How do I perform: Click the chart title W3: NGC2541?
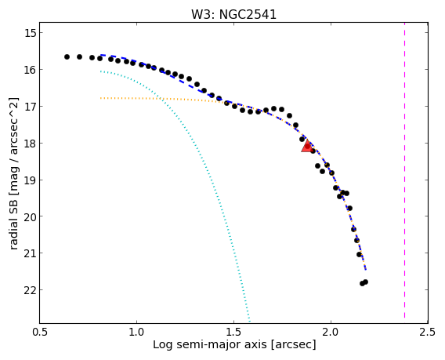[x=233, y=14]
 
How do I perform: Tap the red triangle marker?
[x=307, y=146]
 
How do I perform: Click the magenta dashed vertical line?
[x=404, y=170]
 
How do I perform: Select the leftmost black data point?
[x=67, y=56]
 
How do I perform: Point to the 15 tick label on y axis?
[x=30, y=33]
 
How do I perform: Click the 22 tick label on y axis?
[x=30, y=290]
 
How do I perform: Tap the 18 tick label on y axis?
[x=30, y=143]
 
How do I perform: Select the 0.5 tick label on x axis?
[x=40, y=332]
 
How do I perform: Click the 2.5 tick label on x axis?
[x=428, y=332]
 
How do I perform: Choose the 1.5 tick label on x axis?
[x=233, y=332]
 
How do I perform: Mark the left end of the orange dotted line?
[x=101, y=98]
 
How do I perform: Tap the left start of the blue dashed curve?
[x=101, y=55]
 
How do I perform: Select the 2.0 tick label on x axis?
[x=331, y=332]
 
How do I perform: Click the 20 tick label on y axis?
[x=30, y=216]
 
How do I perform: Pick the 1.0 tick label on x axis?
[x=137, y=332]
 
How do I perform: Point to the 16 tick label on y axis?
[x=30, y=69]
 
